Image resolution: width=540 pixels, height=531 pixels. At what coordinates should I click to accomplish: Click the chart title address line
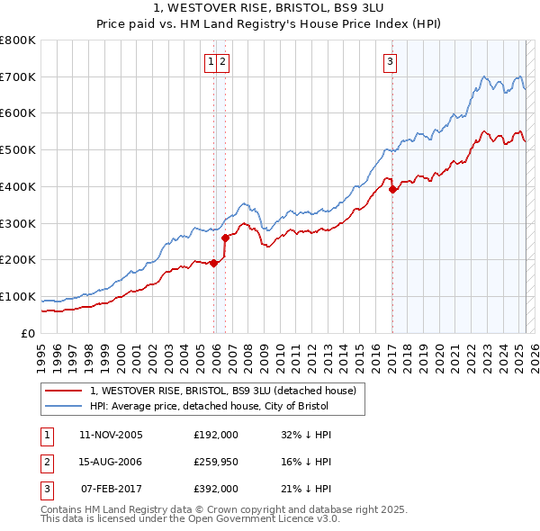coord(269,9)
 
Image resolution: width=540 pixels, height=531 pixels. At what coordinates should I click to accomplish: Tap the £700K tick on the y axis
coord(18,76)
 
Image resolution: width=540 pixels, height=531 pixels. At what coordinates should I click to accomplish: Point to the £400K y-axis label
coord(18,186)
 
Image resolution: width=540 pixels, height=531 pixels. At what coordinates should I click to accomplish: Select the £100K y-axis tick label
coord(18,296)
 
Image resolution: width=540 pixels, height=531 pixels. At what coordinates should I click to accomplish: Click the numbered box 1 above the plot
coord(211,62)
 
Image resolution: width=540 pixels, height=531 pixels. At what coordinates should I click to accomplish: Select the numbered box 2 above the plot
coord(222,62)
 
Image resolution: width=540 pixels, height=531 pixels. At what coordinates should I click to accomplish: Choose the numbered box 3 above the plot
coord(391,62)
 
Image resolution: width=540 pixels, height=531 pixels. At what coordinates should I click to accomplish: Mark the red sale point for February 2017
coord(392,190)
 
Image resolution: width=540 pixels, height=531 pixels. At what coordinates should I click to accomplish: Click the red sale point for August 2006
coord(225,238)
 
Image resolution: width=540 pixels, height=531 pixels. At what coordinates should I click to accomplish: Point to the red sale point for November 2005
coord(213,263)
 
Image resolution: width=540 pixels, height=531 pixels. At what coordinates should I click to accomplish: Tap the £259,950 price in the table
coord(215,462)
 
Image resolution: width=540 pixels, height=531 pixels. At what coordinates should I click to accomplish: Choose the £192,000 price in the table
coord(215,435)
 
